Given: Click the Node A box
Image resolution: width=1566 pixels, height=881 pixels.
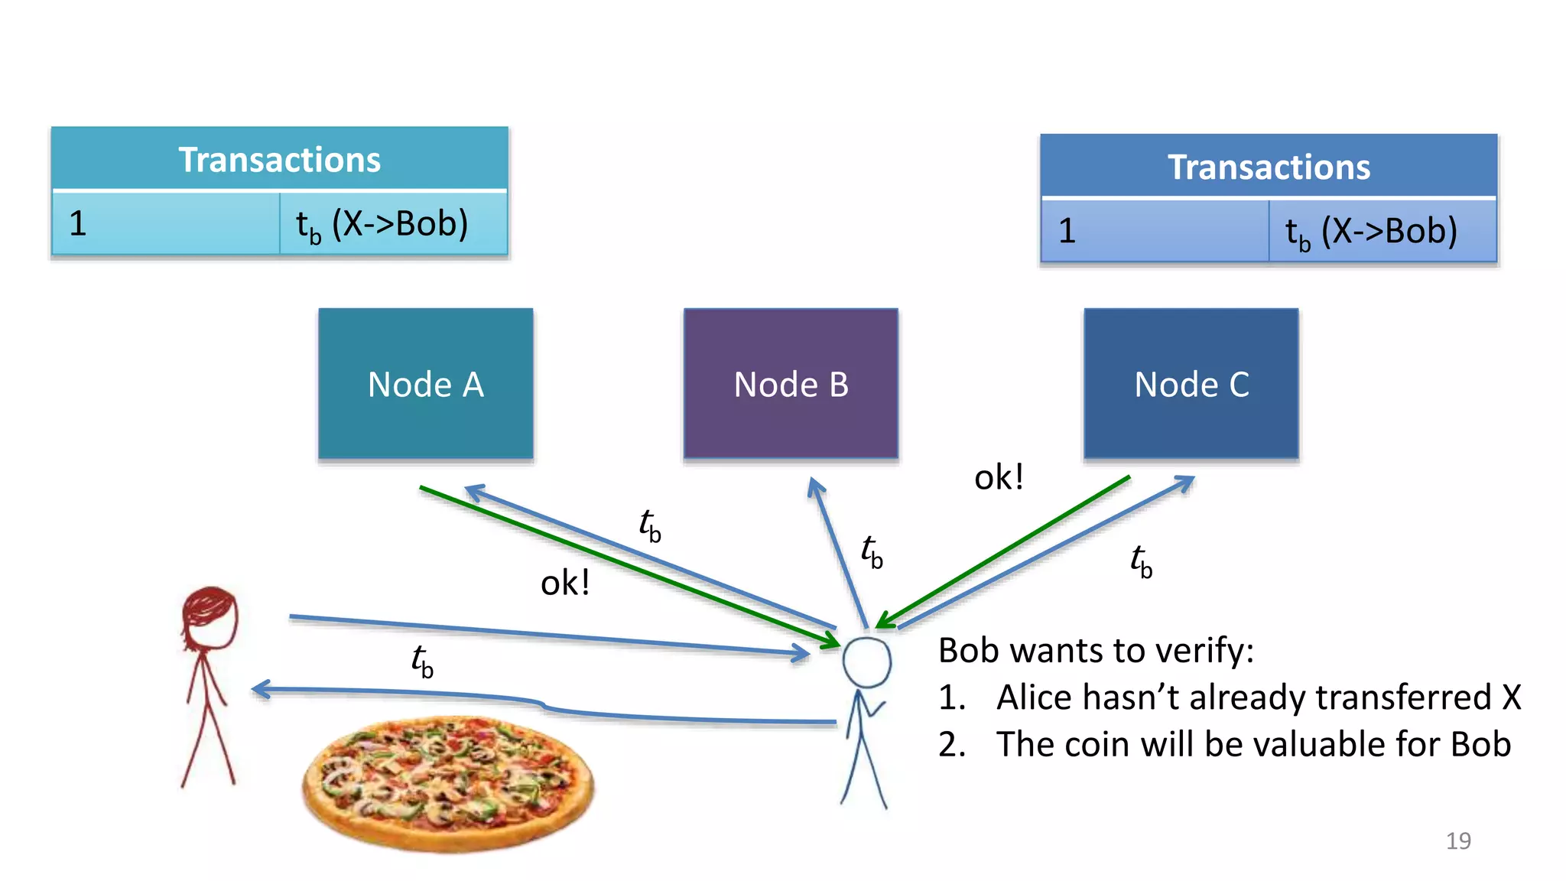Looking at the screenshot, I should point(426,384).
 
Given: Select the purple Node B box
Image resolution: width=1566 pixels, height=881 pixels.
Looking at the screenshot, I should point(791,384).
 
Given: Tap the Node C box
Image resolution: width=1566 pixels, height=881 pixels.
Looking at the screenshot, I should point(1191,384).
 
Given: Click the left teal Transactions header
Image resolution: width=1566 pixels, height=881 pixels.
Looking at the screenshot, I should point(279,159).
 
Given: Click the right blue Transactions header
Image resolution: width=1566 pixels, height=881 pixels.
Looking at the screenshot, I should point(1269,167).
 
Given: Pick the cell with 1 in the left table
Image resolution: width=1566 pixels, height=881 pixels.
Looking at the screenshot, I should point(165,223).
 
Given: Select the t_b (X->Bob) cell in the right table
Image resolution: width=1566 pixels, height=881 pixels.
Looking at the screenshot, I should point(1381,231).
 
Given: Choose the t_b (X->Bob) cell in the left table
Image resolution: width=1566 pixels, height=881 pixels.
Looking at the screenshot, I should point(391,223).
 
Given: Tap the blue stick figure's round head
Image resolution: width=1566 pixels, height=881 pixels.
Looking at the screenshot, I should point(866,662).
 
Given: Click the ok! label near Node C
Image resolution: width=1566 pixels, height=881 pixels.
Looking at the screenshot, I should point(999,477).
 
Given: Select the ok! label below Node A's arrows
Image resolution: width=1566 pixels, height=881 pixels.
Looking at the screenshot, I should point(565,583).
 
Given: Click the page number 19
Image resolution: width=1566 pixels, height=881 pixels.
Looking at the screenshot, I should point(1458,840).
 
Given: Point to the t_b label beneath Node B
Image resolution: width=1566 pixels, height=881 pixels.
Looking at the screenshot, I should point(872,551).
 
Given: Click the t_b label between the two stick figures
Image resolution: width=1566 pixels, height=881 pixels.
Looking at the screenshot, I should point(422,661).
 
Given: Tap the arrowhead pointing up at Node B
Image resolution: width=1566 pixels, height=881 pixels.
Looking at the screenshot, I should point(815,486).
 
